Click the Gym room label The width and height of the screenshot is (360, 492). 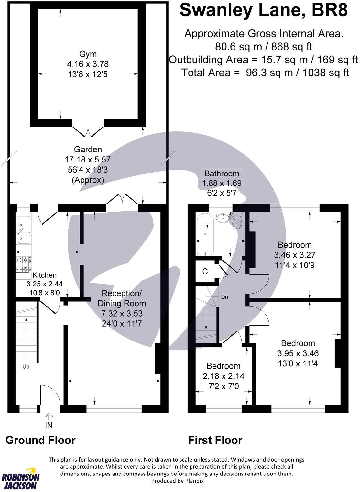[88, 54]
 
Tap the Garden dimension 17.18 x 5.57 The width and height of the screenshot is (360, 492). [88, 159]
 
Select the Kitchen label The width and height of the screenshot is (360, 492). [45, 275]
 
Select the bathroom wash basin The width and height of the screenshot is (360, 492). [222, 218]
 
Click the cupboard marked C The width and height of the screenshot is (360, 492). [205, 271]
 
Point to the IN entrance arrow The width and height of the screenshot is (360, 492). [49, 416]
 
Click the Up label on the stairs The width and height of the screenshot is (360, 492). [26, 367]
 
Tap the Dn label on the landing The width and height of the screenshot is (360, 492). [224, 296]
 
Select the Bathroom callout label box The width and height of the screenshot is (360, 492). [222, 183]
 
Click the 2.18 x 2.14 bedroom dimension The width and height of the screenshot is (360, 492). [224, 376]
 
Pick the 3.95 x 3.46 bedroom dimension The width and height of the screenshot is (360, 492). [298, 353]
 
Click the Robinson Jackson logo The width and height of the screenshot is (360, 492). [21, 478]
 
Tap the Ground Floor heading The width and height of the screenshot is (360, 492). [40, 440]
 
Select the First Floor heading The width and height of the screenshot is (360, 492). [215, 440]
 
